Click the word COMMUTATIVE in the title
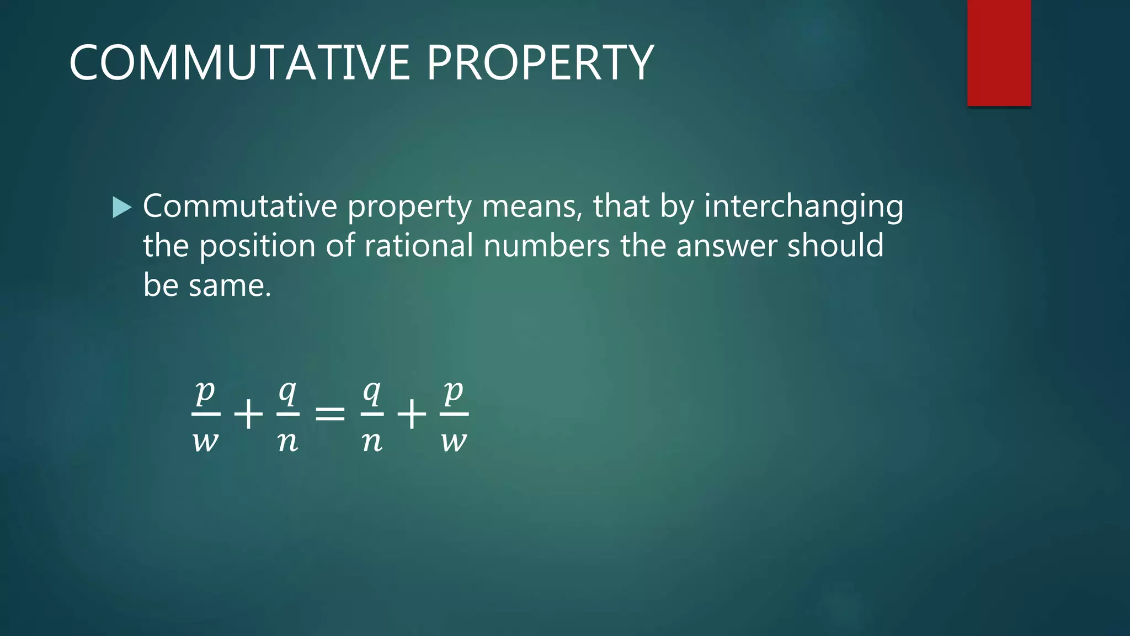click(239, 63)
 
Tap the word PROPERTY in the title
click(540, 63)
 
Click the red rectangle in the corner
click(999, 52)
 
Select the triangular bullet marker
click(121, 208)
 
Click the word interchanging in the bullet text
click(803, 207)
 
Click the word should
click(835, 246)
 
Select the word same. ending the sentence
click(230, 286)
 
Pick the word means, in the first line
click(531, 207)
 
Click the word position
click(257, 247)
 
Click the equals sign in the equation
click(330, 414)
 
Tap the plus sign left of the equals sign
click(248, 414)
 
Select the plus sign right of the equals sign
click(412, 414)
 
